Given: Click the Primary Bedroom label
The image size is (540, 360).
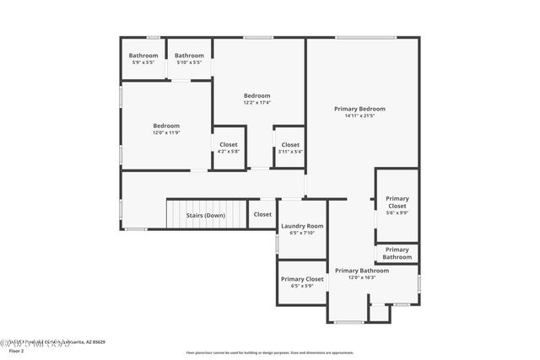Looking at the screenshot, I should (359, 109).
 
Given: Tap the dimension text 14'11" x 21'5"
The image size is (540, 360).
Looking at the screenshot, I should (359, 116).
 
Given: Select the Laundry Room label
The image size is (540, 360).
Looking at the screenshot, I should (302, 226).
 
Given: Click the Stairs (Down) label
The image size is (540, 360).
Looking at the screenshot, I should (205, 215).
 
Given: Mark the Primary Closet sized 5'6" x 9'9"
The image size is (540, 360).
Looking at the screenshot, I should (397, 206).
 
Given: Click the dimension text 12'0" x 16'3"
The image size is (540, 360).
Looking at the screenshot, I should (362, 278).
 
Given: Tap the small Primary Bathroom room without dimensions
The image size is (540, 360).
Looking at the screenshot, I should (397, 253).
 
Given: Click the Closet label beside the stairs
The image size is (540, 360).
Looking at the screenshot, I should (262, 214).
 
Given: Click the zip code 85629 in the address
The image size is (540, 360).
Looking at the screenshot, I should (98, 342).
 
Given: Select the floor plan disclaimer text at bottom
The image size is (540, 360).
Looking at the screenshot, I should (270, 352).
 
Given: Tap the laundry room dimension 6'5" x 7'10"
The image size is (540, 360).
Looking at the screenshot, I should (302, 233).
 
